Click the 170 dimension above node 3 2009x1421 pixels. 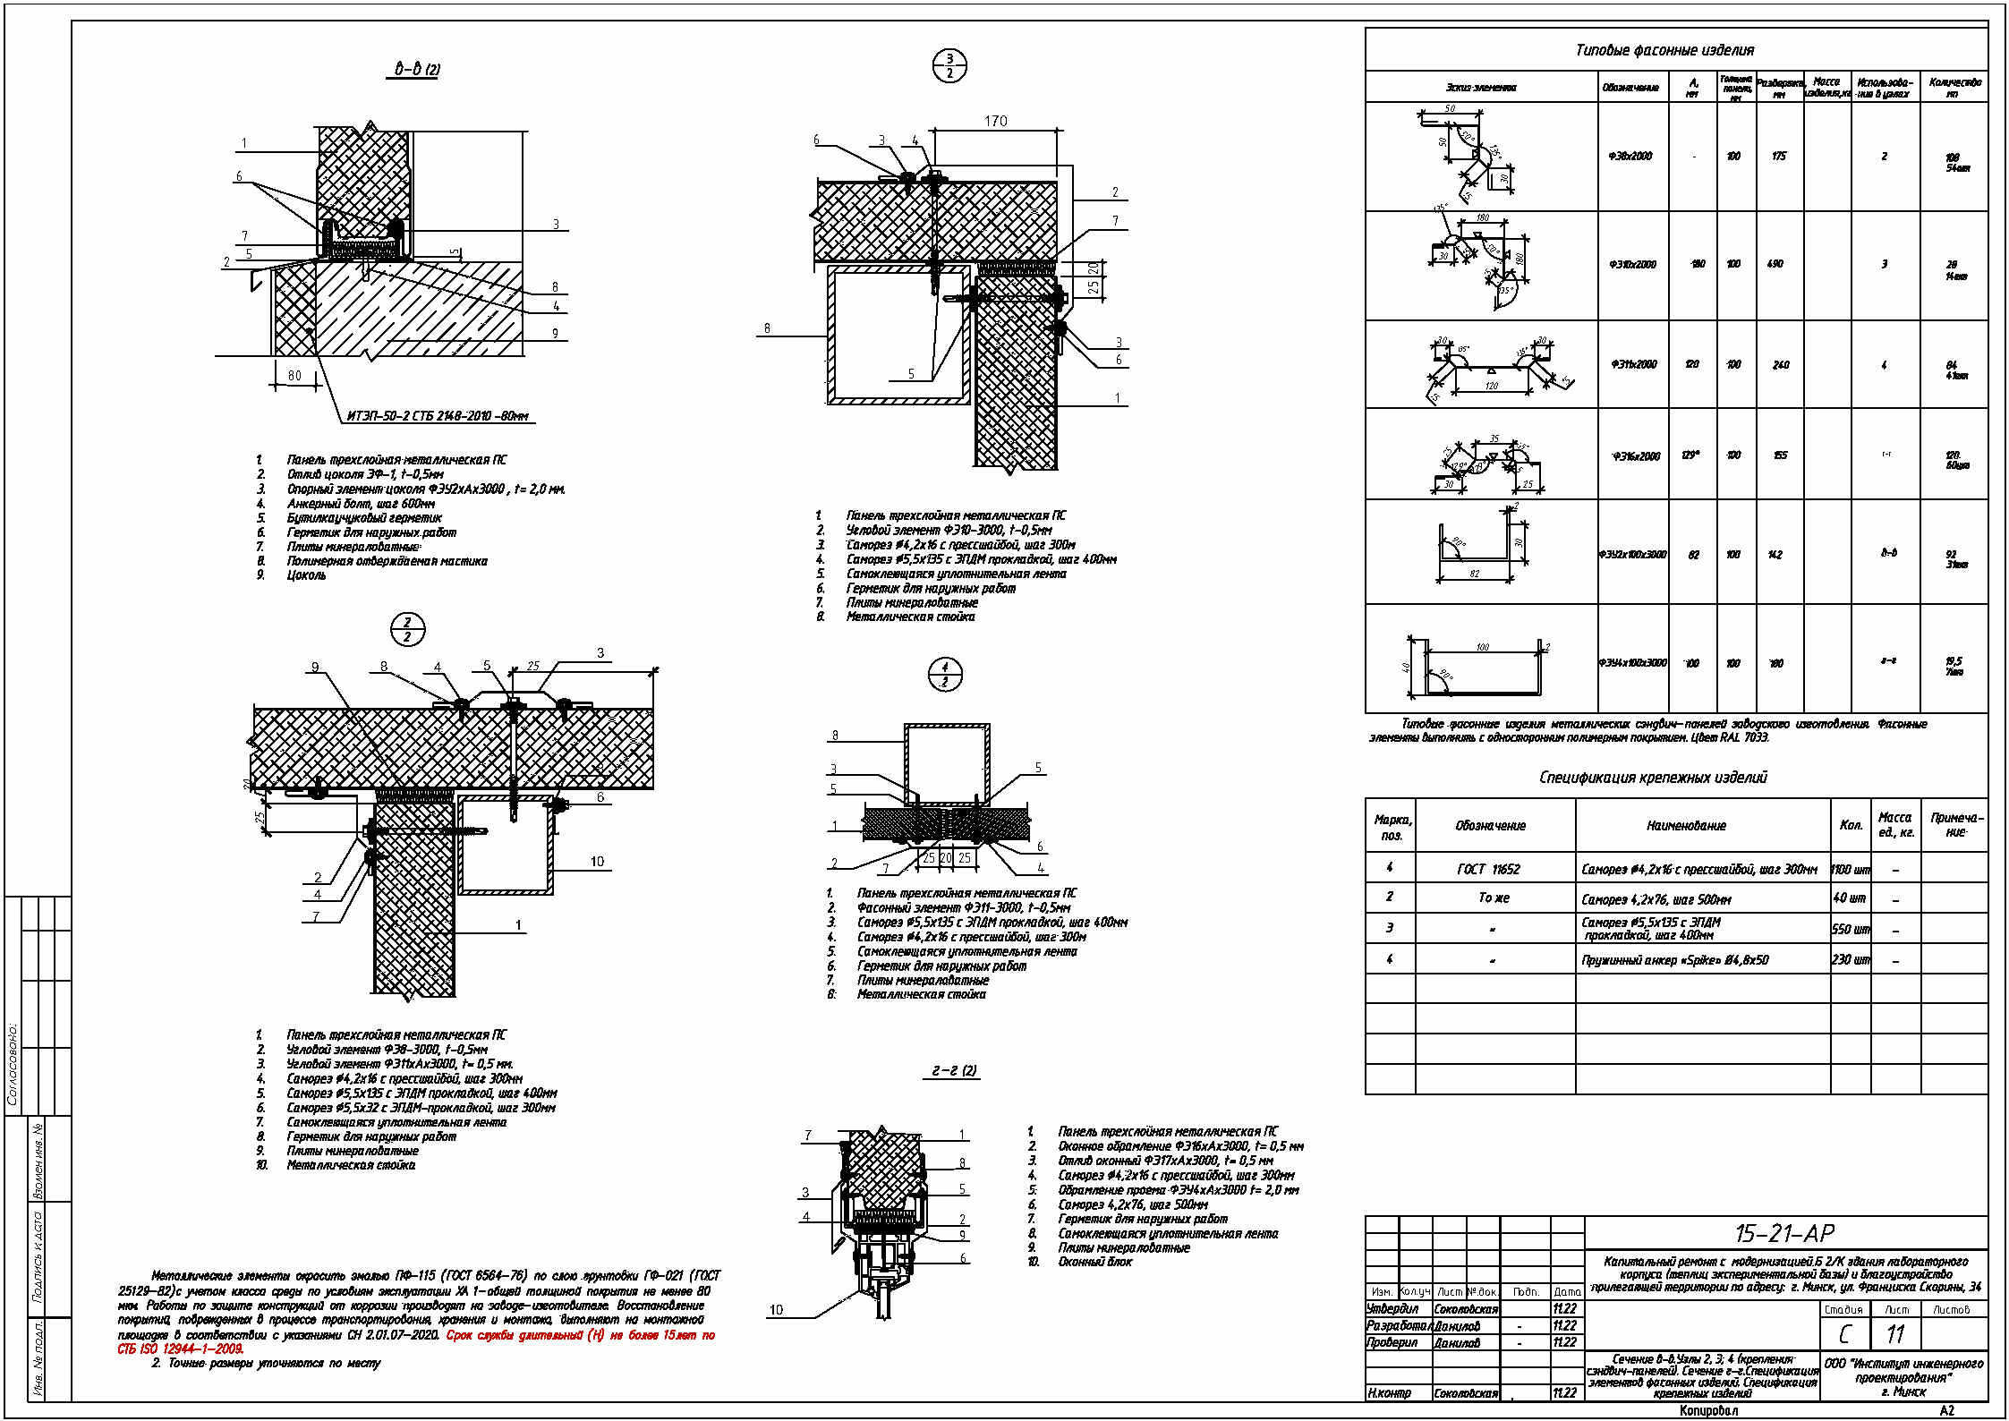pyautogui.click(x=995, y=121)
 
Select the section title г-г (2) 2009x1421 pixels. pyautogui.click(x=954, y=1070)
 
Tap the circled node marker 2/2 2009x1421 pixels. pyautogui.click(x=407, y=630)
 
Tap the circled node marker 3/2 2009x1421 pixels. pyautogui.click(x=949, y=66)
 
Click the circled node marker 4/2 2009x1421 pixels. pyautogui.click(x=945, y=675)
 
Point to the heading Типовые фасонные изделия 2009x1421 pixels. pyautogui.click(x=1664, y=50)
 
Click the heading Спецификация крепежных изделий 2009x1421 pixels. pyautogui.click(x=1653, y=777)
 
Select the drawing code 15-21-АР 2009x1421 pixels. pyautogui.click(x=1784, y=1233)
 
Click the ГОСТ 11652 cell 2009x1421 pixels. pyautogui.click(x=1488, y=869)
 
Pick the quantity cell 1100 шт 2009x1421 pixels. pyautogui.click(x=1851, y=869)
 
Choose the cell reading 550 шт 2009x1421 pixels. pyautogui.click(x=1851, y=929)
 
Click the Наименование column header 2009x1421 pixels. pyautogui.click(x=1686, y=826)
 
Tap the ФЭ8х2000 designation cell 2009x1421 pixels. pyautogui.click(x=1630, y=156)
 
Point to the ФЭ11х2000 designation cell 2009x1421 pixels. pyautogui.click(x=1634, y=364)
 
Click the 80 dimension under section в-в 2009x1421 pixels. pyautogui.click(x=294, y=376)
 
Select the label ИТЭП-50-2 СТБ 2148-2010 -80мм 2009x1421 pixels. pyautogui.click(x=438, y=415)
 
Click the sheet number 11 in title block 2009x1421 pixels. pyautogui.click(x=1895, y=1334)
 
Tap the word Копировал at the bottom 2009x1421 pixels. pyautogui.click(x=1708, y=1411)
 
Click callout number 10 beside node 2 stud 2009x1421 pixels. pyautogui.click(x=597, y=862)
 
